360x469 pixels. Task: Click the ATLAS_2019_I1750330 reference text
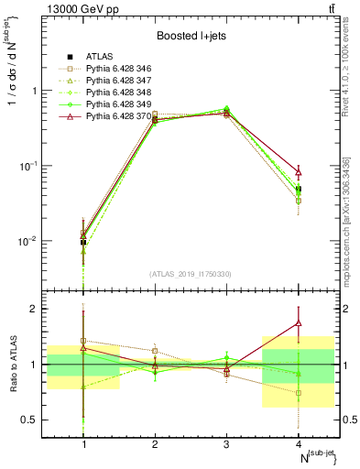pos(191,274)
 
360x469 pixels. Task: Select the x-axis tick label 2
pos(155,444)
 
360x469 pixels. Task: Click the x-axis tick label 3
pos(226,444)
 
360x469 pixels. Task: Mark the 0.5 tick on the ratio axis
pos(38,420)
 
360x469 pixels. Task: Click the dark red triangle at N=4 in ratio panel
pos(298,322)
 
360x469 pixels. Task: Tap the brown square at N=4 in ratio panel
pos(298,393)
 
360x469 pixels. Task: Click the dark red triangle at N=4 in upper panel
pos(298,172)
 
